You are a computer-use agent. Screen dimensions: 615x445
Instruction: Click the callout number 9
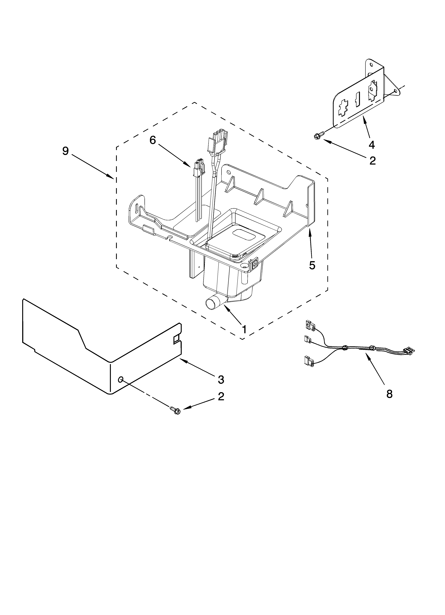(x=66, y=151)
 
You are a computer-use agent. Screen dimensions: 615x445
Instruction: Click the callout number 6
(x=153, y=140)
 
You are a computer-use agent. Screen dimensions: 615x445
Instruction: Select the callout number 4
(x=372, y=145)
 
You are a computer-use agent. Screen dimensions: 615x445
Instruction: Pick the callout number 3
(x=221, y=380)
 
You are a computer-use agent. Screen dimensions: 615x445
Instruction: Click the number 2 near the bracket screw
(x=373, y=161)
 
